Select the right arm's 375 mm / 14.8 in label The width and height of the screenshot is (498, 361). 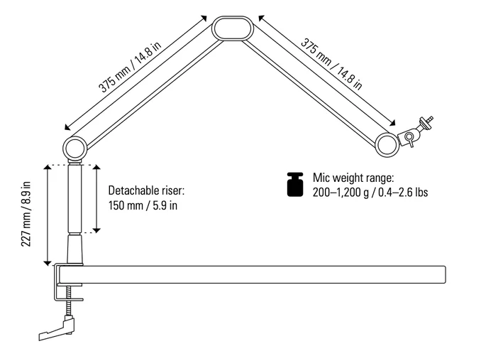332,63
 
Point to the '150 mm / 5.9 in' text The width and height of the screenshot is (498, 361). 143,206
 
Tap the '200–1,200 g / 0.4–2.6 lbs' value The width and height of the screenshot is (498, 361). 369,193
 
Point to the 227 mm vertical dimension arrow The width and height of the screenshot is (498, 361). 47,214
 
